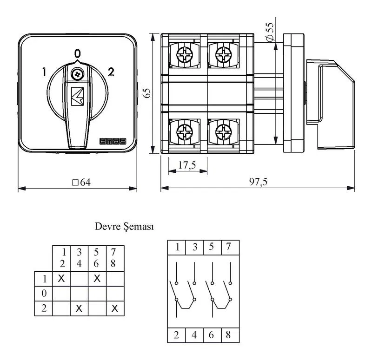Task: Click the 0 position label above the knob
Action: click(77, 53)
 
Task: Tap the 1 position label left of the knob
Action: click(44, 72)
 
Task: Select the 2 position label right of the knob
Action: click(111, 72)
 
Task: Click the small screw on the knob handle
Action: click(77, 75)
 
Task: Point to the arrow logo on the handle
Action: click(77, 96)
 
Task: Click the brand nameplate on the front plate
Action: click(113, 141)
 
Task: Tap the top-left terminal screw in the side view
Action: click(184, 55)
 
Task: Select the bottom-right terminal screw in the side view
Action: click(224, 131)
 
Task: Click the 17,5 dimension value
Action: click(187, 165)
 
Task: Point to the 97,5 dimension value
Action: click(258, 182)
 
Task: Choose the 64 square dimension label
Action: click(81, 183)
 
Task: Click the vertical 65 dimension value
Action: click(147, 93)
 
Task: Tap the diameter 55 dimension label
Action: click(270, 32)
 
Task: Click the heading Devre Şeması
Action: click(124, 227)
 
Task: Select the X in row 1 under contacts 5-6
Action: click(97, 278)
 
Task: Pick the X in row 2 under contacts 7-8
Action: click(115, 308)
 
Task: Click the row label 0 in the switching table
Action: click(44, 294)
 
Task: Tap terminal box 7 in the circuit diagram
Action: click(230, 248)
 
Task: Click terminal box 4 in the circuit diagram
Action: click(194, 335)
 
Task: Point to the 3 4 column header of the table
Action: click(79, 258)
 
